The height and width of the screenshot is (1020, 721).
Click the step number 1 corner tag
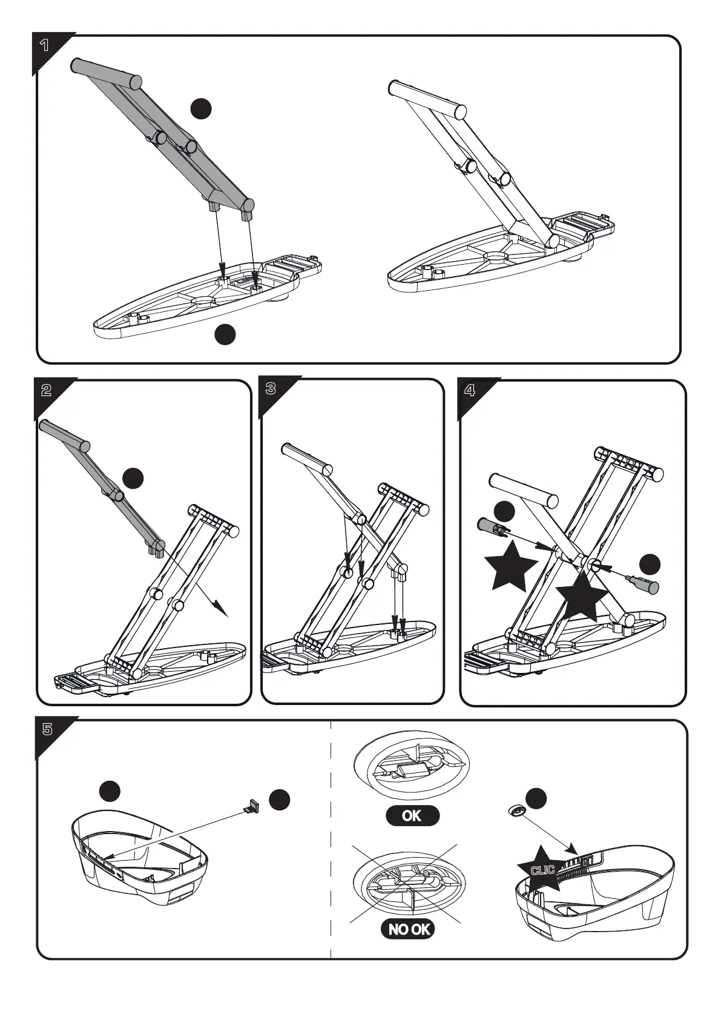click(45, 45)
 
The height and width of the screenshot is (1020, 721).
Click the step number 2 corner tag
click(47, 391)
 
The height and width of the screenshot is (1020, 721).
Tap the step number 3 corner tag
click(271, 389)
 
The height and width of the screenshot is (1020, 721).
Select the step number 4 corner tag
click(470, 391)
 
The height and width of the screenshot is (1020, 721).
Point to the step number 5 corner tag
click(48, 729)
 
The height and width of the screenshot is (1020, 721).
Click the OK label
click(412, 816)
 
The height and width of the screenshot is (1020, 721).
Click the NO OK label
click(408, 929)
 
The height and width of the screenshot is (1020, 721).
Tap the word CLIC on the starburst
click(542, 870)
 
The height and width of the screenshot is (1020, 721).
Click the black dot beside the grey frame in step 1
click(201, 108)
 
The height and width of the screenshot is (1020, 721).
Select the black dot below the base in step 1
click(225, 334)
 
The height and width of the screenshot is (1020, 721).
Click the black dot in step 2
click(133, 478)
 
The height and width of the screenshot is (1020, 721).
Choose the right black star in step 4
click(581, 597)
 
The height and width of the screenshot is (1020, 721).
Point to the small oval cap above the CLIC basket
click(515, 810)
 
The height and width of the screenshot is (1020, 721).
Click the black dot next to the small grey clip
click(280, 800)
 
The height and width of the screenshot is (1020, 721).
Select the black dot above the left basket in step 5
click(110, 790)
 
